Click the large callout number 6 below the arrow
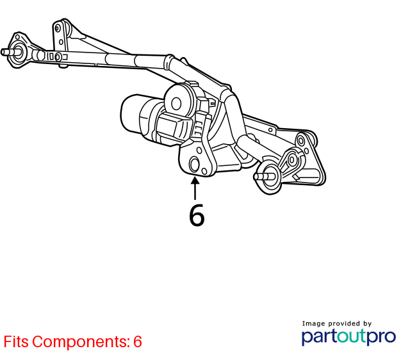point(197,215)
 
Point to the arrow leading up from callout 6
point(195,188)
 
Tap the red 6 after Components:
point(138,341)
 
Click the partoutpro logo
point(348,337)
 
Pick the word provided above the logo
point(344,323)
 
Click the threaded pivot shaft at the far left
point(10,52)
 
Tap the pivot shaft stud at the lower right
point(264,177)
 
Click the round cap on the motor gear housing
point(176,104)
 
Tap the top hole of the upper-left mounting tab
point(58,28)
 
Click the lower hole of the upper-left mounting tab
point(61,42)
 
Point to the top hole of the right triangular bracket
point(301,141)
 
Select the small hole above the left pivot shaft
point(17,37)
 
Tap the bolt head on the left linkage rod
point(58,57)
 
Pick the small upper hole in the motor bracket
point(199,151)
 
